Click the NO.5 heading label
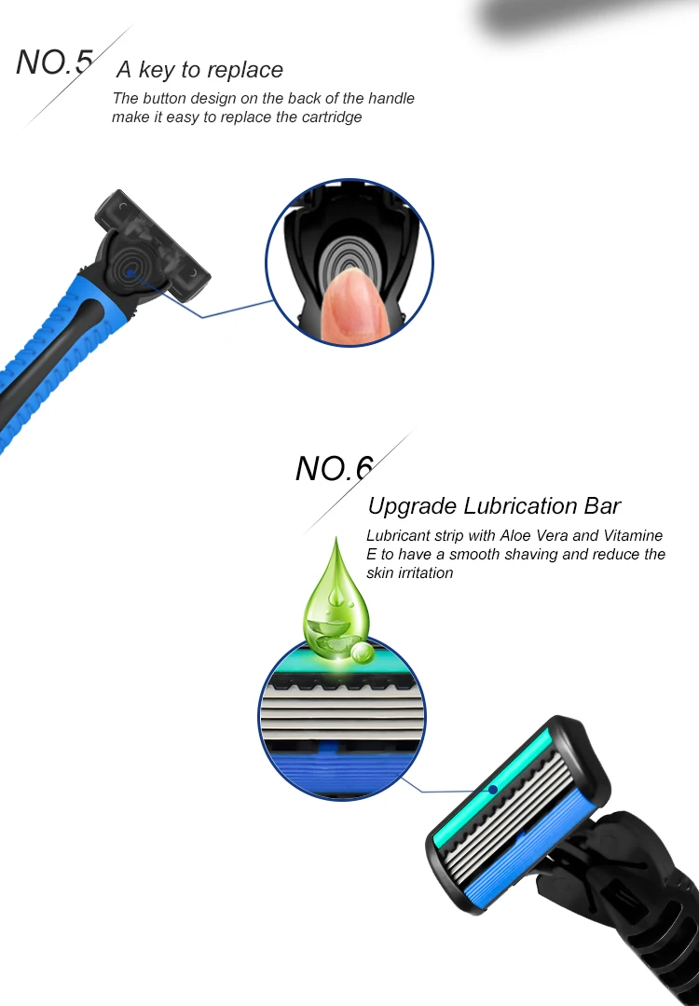[x=54, y=62]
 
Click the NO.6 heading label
[x=334, y=468]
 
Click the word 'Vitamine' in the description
[x=633, y=535]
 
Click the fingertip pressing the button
[x=350, y=306]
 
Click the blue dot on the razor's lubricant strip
[x=493, y=789]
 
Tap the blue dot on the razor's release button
[x=130, y=272]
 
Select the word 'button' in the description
[x=164, y=98]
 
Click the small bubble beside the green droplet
[x=363, y=652]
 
